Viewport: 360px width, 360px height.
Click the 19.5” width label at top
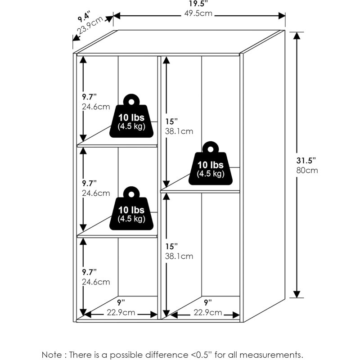pyautogui.click(x=198, y=4)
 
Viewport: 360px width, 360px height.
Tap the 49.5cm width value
pyautogui.click(x=198, y=13)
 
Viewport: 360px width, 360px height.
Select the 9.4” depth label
pyautogui.click(x=84, y=17)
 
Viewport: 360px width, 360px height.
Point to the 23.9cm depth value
pyautogui.click(x=90, y=25)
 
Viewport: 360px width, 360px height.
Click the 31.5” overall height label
pyautogui.click(x=306, y=160)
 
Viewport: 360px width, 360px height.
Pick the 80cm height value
pyautogui.click(x=307, y=171)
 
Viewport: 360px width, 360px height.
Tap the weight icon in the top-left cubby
pyautogui.click(x=131, y=116)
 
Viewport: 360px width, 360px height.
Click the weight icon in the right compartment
pyautogui.click(x=211, y=163)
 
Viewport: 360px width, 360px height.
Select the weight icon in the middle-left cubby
pyautogui.click(x=131, y=208)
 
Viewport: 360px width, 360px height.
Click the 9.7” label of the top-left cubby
pyautogui.click(x=89, y=97)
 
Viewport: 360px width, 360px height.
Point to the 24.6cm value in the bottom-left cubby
pyautogui.click(x=96, y=282)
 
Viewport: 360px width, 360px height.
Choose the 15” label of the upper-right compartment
pyautogui.click(x=171, y=121)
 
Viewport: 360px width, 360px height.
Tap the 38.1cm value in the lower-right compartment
pyautogui.click(x=179, y=256)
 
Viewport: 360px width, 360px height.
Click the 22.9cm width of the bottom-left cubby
pyautogui.click(x=121, y=312)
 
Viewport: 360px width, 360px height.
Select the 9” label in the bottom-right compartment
pyautogui.click(x=208, y=302)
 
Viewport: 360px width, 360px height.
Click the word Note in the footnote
pyautogui.click(x=52, y=355)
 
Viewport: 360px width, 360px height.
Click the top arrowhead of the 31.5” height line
pyautogui.click(x=297, y=36)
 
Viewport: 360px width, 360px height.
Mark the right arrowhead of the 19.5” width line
pyautogui.click(x=282, y=16)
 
